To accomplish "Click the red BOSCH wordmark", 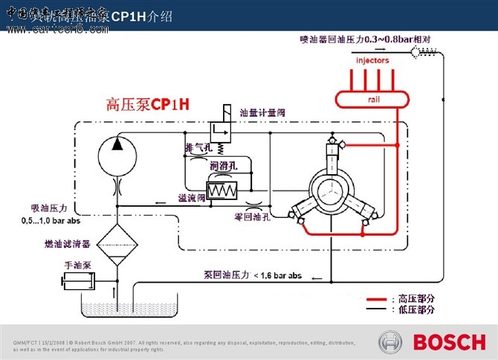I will (448, 343).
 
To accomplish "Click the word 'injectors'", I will (372, 60).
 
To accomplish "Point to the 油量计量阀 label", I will (262, 113).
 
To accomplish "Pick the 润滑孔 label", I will (224, 165).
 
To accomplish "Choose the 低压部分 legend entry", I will (416, 309).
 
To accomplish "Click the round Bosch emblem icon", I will (392, 343).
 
